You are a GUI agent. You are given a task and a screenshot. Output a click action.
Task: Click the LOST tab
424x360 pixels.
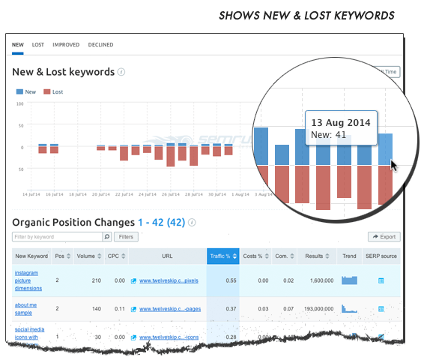[x=37, y=45]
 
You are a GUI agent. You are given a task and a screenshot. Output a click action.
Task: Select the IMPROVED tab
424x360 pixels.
[x=66, y=45]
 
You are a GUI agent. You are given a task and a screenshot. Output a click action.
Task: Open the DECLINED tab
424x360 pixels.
[x=100, y=45]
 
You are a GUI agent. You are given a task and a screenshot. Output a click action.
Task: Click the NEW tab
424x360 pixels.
[x=18, y=45]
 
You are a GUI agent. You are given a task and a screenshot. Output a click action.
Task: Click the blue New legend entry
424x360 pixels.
[x=26, y=91]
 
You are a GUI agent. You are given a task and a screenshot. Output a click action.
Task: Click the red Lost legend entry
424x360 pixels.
[x=52, y=91]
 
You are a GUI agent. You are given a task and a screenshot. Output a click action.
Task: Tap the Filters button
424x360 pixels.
[x=126, y=237]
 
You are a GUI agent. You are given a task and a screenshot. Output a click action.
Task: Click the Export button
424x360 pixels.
[x=384, y=237]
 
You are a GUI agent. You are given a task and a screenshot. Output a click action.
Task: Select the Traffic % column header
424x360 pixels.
[x=222, y=256]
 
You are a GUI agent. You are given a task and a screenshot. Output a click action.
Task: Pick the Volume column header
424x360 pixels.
[x=88, y=256]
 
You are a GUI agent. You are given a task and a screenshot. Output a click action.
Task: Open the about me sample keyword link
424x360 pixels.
[x=28, y=308]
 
